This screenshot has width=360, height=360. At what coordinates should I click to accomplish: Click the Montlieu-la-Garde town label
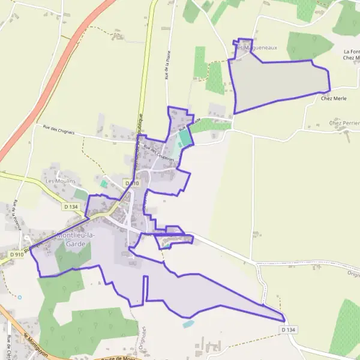(76, 239)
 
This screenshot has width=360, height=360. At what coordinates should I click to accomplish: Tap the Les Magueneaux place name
(251, 46)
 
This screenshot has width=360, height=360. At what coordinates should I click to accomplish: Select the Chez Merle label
(334, 98)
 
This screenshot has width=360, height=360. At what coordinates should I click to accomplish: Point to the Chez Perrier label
(344, 123)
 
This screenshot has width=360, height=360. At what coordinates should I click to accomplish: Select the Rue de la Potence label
(17, 213)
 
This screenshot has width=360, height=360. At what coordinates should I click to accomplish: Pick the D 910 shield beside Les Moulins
(132, 183)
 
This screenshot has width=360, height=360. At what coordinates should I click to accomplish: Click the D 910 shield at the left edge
(17, 255)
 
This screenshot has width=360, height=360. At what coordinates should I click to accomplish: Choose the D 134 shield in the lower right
(289, 330)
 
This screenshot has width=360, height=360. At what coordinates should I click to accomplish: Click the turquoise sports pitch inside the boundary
(185, 137)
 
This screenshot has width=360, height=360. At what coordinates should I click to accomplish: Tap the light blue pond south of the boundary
(188, 323)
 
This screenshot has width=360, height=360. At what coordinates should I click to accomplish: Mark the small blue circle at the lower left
(20, 297)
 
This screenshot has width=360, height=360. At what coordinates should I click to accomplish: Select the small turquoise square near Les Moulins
(104, 184)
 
